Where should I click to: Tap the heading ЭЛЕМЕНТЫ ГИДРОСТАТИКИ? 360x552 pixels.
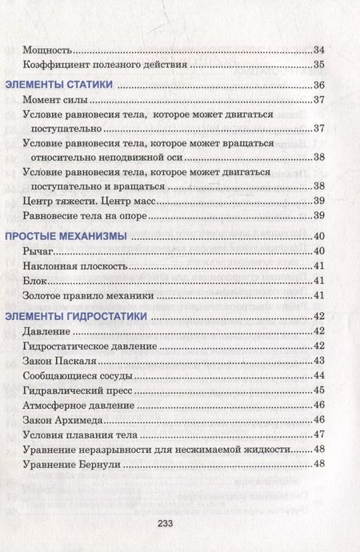coord(76,316)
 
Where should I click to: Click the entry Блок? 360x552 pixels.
coord(37,282)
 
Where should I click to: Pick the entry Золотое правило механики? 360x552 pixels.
coord(81,296)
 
